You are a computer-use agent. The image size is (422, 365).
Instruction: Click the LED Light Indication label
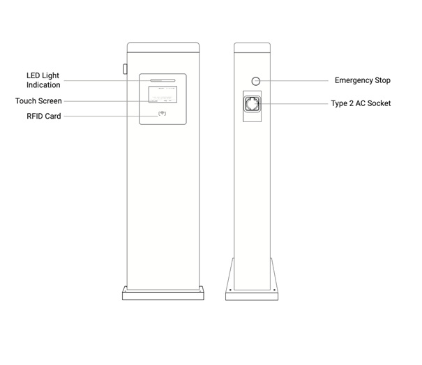(43, 80)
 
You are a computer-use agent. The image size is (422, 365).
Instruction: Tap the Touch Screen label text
(38, 101)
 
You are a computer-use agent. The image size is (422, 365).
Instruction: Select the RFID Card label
(44, 116)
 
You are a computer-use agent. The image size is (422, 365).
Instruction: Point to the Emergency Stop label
(363, 80)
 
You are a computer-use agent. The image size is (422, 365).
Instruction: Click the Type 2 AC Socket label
(361, 103)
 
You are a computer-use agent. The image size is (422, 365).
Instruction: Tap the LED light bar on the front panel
(163, 80)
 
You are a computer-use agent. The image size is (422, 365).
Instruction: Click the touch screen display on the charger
(163, 94)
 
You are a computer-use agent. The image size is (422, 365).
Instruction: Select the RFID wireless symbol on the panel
(162, 113)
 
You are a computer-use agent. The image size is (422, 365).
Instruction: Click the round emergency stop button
(256, 81)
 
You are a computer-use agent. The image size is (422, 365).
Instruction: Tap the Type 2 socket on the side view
(253, 104)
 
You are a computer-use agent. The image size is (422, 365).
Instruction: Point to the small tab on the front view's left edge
(125, 69)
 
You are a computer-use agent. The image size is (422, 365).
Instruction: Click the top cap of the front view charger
(163, 47)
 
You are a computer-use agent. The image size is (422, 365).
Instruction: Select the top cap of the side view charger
(253, 47)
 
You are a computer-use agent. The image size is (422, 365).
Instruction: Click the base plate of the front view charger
(163, 293)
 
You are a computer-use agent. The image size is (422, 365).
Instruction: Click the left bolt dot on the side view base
(230, 290)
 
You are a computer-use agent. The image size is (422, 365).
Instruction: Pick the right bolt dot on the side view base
(274, 290)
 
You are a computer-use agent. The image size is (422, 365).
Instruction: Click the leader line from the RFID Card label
(111, 116)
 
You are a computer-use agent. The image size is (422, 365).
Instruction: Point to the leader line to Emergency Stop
(292, 80)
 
